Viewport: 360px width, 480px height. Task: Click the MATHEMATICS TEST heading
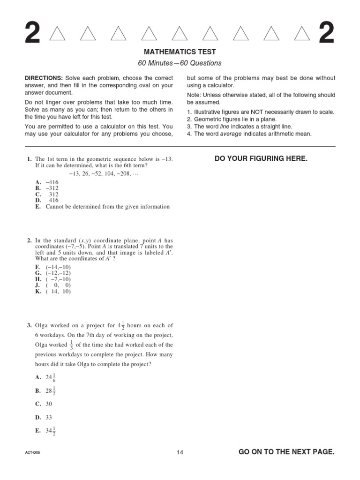pos(180,52)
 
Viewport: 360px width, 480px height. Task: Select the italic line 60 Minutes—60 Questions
pos(180,63)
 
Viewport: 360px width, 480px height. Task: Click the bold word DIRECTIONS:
pos(44,78)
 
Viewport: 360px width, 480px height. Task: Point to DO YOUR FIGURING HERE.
pos(261,159)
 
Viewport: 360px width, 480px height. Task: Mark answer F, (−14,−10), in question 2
pos(53,266)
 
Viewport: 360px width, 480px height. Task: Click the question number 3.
pos(29,325)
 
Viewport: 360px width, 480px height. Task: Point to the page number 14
pos(180,452)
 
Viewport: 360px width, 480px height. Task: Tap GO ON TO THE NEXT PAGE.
pos(286,452)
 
